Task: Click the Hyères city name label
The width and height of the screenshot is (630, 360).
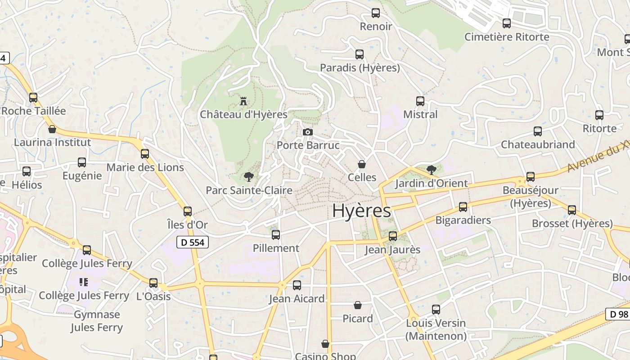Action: [x=361, y=211]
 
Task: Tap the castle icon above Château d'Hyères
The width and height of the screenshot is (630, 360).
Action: [x=243, y=101]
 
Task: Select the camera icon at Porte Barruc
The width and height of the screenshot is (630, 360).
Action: [x=308, y=132]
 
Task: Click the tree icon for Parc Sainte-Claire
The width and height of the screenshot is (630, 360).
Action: [x=248, y=177]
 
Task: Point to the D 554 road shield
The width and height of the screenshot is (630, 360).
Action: [x=193, y=243]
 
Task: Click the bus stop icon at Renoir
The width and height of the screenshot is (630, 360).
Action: [x=376, y=13]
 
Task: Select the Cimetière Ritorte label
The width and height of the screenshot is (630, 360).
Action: [x=507, y=37]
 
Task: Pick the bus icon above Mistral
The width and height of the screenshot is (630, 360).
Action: [x=420, y=101]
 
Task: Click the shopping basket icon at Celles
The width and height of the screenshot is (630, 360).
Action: [x=362, y=164]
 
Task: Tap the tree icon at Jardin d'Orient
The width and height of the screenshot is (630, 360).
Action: [x=432, y=170]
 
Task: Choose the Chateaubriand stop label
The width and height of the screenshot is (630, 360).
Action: [x=538, y=144]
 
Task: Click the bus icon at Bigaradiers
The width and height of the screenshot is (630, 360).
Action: [x=463, y=207]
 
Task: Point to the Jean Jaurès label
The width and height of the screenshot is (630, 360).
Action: [x=392, y=250]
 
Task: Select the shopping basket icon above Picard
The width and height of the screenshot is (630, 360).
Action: [x=358, y=306]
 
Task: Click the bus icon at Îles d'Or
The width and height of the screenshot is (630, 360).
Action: [x=188, y=211]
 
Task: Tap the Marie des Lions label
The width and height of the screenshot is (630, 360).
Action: [x=145, y=167]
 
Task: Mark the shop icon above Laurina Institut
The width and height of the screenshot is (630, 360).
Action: [x=52, y=130]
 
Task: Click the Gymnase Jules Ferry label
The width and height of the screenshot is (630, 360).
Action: [x=96, y=321]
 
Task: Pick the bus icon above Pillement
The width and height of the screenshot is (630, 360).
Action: [x=276, y=234]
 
